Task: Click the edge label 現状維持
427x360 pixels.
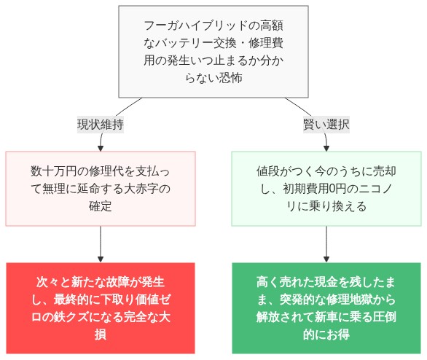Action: [x=100, y=125]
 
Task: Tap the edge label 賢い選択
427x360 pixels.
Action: [x=326, y=125]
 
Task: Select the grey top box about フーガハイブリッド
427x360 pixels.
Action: [x=213, y=52]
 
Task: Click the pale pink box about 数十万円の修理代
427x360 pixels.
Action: [x=100, y=188]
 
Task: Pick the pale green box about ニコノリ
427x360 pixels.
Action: [x=326, y=188]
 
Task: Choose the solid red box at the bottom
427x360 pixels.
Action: [x=100, y=308]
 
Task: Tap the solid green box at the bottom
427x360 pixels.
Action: [x=326, y=308]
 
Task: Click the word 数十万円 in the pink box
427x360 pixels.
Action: [x=55, y=171]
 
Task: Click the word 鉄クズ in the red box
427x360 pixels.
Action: [x=83, y=317]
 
